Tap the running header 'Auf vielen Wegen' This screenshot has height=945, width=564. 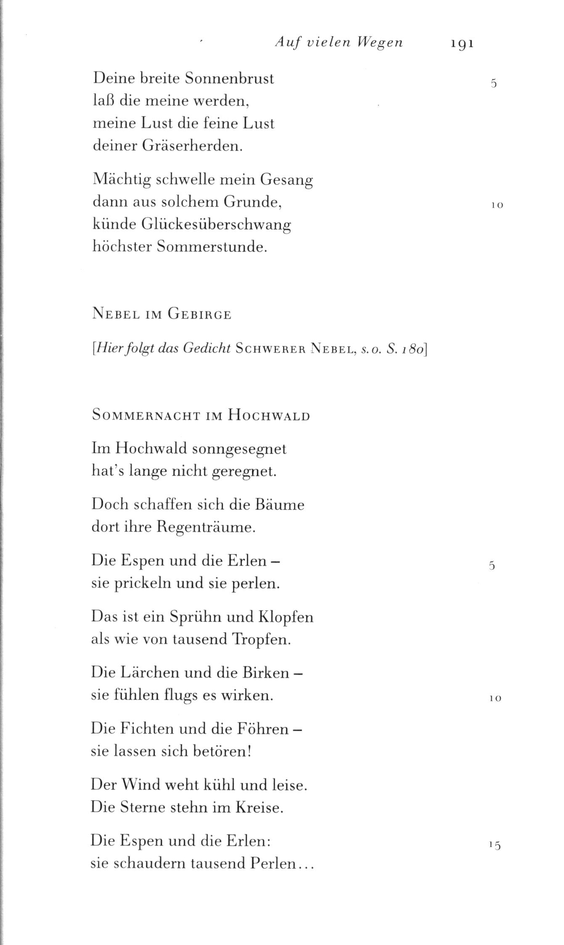coord(339,42)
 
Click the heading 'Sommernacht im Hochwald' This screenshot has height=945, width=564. coord(201,416)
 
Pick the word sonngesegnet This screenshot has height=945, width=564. coord(239,449)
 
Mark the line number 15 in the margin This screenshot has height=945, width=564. coord(495,845)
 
